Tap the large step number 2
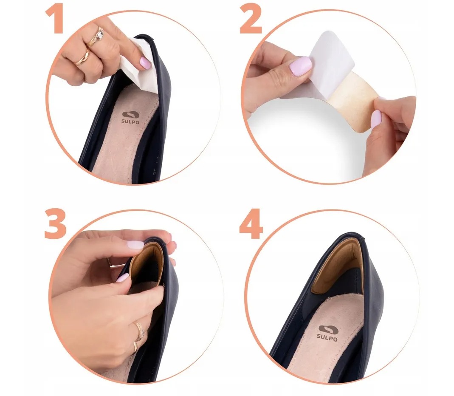tap(251, 20)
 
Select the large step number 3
tap(55, 224)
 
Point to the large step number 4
tap(251, 224)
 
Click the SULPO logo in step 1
tap(130, 118)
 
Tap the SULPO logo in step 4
tap(327, 334)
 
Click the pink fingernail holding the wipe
tap(145, 62)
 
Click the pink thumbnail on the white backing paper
tap(300, 66)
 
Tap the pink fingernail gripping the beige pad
tap(376, 119)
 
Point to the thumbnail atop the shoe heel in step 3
tap(135, 244)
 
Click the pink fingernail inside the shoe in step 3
tap(122, 278)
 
